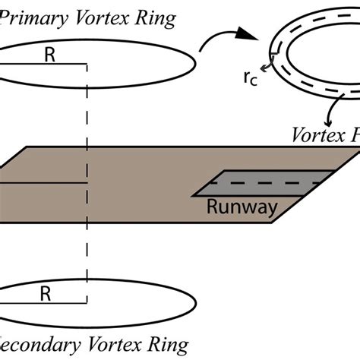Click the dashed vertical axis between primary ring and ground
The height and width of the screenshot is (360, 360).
[89, 114]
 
